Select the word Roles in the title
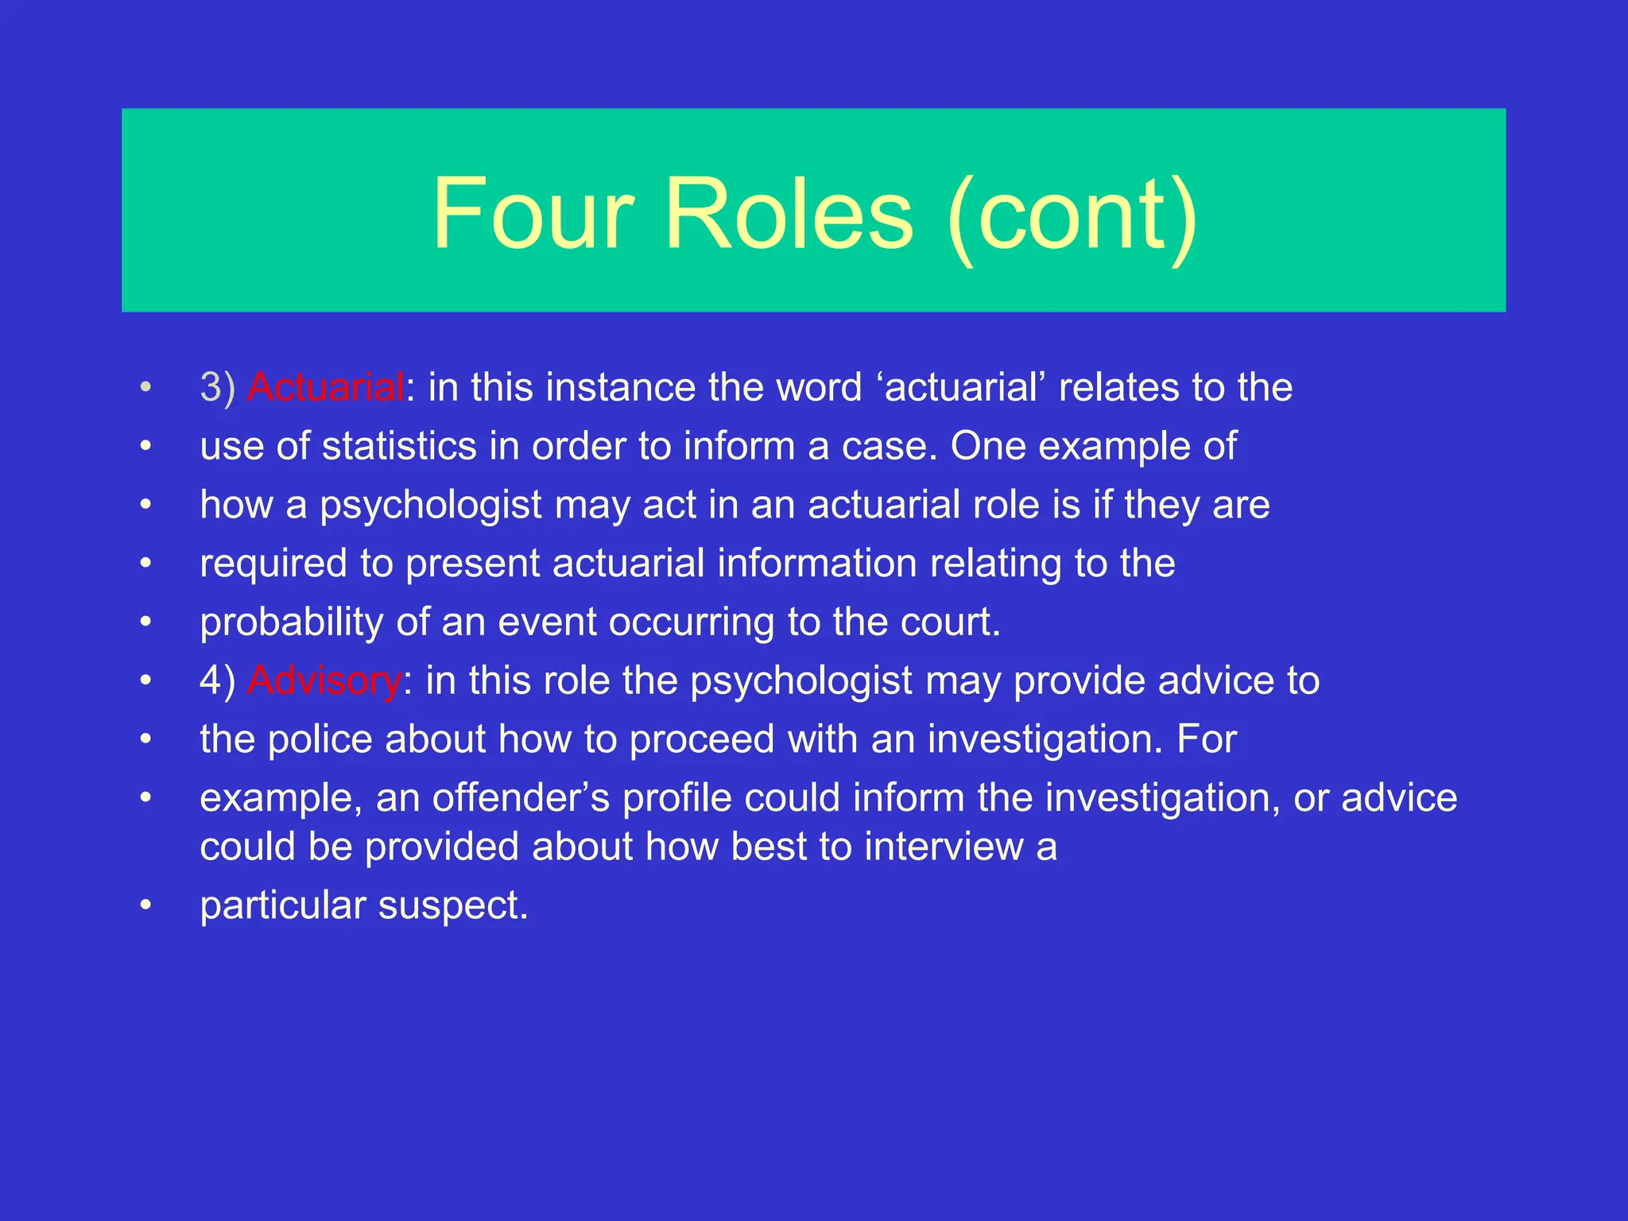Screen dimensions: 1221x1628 point(789,213)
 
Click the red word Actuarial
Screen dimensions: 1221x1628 point(326,388)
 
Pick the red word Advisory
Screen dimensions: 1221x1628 point(324,681)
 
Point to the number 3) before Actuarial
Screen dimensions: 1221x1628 point(217,388)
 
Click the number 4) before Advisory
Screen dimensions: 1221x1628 point(217,681)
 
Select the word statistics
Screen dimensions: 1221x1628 point(399,446)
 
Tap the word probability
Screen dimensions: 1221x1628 point(292,622)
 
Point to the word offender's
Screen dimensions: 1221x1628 point(521,798)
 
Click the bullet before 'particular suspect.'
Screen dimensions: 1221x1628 point(145,905)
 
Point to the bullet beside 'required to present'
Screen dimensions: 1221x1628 point(145,564)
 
